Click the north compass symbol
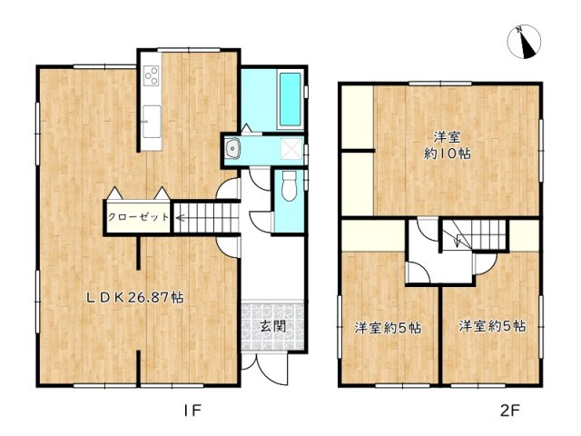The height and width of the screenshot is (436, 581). pyautogui.click(x=524, y=42)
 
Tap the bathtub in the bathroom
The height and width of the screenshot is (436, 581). pyautogui.click(x=290, y=99)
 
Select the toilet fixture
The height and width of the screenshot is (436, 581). pyautogui.click(x=289, y=185)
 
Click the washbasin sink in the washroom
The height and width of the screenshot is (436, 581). pyautogui.click(x=233, y=148)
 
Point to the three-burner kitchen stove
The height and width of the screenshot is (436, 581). pyautogui.click(x=152, y=75)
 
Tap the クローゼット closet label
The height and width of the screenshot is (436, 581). pyautogui.click(x=138, y=217)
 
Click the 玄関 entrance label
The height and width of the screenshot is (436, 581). pyautogui.click(x=272, y=326)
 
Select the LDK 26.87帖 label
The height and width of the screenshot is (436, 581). pyautogui.click(x=135, y=297)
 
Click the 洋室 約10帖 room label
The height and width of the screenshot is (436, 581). pyautogui.click(x=448, y=145)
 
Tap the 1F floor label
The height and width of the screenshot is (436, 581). pyautogui.click(x=192, y=410)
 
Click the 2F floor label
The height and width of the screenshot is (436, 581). pyautogui.click(x=510, y=410)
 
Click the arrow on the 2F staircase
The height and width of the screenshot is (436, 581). pyautogui.click(x=458, y=240)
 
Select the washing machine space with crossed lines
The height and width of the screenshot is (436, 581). pyautogui.click(x=291, y=148)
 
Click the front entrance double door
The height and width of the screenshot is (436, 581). pyautogui.click(x=264, y=367)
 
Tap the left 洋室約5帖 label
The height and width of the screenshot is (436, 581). pyautogui.click(x=388, y=328)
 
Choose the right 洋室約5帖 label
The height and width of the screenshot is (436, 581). pyautogui.click(x=492, y=326)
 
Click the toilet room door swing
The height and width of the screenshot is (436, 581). pyautogui.click(x=261, y=222)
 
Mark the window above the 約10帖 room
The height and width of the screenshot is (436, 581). pyautogui.click(x=439, y=84)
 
